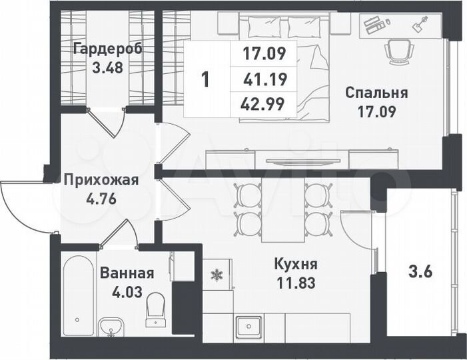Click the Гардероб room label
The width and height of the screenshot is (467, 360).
[108, 49]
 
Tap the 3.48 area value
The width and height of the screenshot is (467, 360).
[108, 67]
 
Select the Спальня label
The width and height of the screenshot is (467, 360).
[377, 93]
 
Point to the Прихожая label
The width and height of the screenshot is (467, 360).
[101, 179]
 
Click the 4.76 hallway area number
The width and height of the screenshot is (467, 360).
[101, 197]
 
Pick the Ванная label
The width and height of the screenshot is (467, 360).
[127, 273]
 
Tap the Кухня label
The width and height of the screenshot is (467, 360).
[296, 263]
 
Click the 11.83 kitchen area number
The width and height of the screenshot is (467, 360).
[296, 281]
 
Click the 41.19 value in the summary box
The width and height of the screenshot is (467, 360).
[264, 80]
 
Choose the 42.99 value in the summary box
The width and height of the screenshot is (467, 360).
[264, 104]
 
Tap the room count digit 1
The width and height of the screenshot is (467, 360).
[205, 80]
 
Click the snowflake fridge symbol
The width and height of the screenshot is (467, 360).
[216, 274]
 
